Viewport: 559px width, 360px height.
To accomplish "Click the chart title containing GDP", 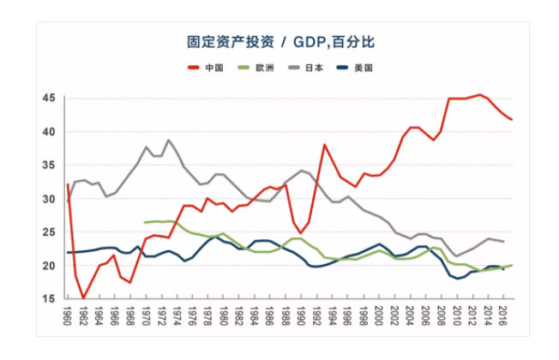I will pos(281,41).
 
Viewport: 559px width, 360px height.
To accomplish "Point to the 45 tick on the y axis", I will pos(48,99).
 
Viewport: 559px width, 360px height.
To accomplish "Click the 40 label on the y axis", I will pos(48,132).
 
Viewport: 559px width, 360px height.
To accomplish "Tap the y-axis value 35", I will pos(48,165).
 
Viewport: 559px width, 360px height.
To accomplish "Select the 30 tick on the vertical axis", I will pos(48,199).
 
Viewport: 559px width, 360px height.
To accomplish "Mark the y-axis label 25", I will pos(48,232).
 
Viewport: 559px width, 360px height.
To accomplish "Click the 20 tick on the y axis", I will pos(48,266).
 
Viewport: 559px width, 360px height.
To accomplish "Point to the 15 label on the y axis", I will pos(48,298).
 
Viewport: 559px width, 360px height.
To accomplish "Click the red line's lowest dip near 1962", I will pos(83,298).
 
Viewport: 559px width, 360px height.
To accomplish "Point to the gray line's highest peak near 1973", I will pos(168,140).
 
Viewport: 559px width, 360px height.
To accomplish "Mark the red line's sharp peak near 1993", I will pos(325,144).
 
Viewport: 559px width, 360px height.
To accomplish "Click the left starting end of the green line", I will pos(145,223).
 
